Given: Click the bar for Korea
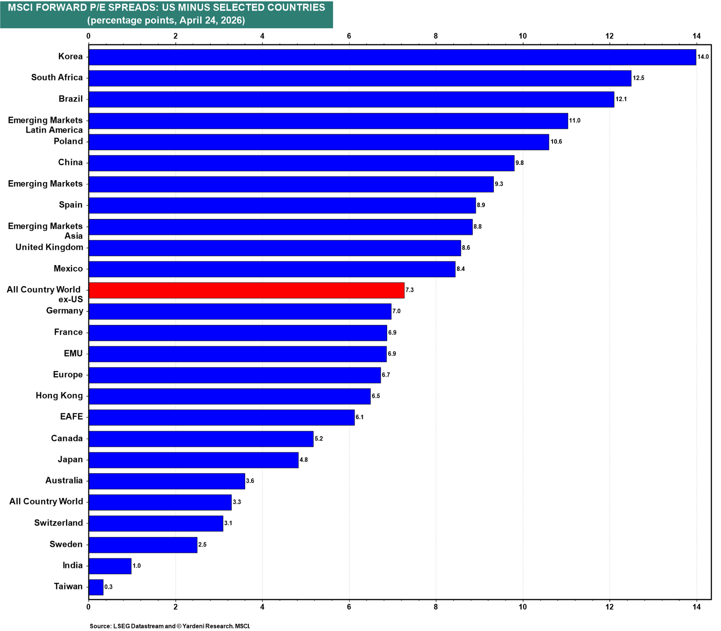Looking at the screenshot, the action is [x=392, y=57].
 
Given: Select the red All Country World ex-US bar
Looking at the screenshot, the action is [x=246, y=290].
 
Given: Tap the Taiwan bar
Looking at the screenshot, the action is [x=96, y=587].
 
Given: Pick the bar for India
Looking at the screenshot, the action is [x=110, y=566].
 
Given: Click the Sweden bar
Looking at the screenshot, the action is [x=143, y=545].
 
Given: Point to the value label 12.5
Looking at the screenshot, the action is [x=639, y=78].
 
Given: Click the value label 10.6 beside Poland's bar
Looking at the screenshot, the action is [x=556, y=142].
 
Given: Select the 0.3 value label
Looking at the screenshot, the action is [x=109, y=587].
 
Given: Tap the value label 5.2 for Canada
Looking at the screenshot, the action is [x=319, y=439].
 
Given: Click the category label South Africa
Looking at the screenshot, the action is [x=57, y=78].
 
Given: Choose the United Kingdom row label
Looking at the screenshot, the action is [x=49, y=247].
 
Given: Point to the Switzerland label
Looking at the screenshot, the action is [x=59, y=523].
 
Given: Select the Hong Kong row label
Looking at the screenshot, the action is [x=59, y=396].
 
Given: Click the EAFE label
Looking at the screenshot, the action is [x=72, y=416].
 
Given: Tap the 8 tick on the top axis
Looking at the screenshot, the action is [x=436, y=36].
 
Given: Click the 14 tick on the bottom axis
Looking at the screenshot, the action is [x=696, y=607].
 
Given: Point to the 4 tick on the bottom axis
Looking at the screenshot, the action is [x=262, y=607].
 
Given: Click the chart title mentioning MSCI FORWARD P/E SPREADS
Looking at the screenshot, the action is [x=166, y=8].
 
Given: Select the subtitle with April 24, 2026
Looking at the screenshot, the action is [x=166, y=21].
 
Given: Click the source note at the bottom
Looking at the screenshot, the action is [x=170, y=626].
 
